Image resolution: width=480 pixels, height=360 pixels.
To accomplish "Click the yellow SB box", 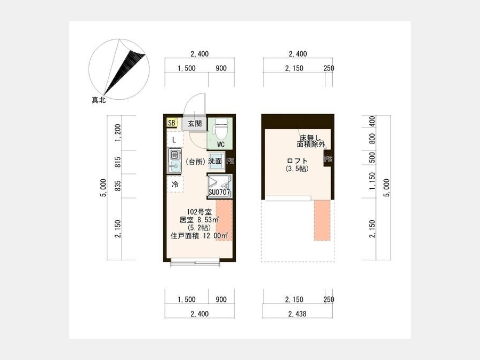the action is [x=172, y=123].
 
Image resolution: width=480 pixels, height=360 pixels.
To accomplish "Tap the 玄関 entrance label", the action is [x=195, y=124].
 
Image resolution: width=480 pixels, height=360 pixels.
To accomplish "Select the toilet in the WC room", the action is [x=221, y=129].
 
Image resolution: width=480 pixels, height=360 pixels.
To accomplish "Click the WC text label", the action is [x=221, y=145].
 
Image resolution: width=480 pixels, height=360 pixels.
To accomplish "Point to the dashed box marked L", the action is [x=175, y=139].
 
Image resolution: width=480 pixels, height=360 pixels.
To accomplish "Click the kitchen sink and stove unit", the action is [x=175, y=161].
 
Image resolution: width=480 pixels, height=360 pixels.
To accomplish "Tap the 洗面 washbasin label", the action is [x=215, y=161].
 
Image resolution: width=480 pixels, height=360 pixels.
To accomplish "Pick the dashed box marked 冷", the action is [x=175, y=184].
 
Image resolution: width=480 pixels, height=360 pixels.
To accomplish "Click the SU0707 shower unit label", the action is [x=219, y=192].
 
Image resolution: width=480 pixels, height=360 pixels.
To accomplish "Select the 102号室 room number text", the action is [x=199, y=212].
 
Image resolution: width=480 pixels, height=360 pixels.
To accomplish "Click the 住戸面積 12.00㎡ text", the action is [x=199, y=236].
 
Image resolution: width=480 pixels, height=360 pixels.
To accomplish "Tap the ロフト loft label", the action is [x=297, y=161].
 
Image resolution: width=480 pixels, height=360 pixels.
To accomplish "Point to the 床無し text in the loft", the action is [x=310, y=138].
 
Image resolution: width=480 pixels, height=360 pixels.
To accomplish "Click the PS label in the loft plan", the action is [x=328, y=159].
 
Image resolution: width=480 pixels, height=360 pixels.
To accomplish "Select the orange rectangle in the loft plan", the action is [x=322, y=220].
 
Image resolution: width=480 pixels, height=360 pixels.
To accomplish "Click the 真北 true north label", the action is [x=99, y=100].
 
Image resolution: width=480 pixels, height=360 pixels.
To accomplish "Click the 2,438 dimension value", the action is [x=297, y=314].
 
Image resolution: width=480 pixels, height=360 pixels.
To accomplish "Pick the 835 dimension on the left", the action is [x=118, y=186].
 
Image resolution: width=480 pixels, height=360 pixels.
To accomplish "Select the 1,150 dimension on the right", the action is [x=372, y=181].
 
